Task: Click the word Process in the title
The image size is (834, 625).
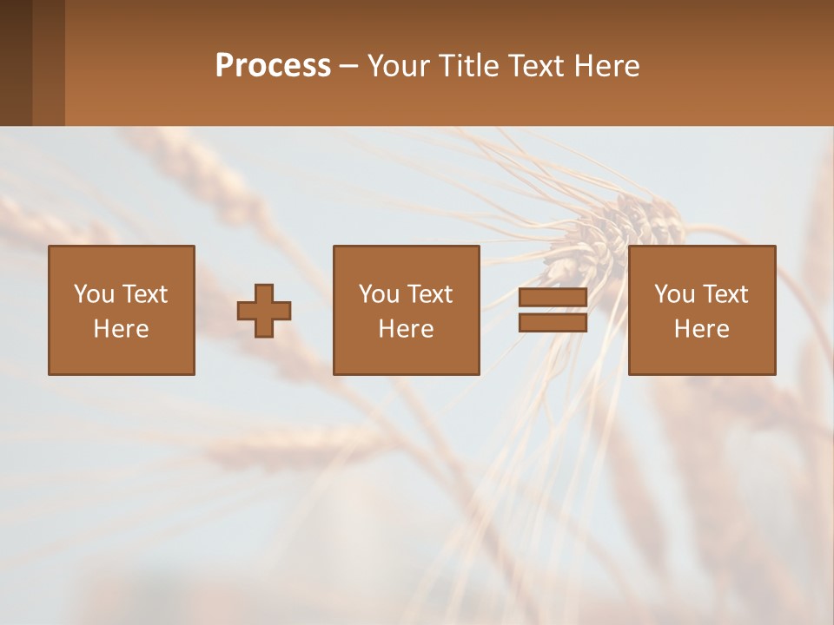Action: [273, 66]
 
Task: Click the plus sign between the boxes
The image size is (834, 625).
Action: [264, 311]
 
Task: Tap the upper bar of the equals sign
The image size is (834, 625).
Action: [553, 298]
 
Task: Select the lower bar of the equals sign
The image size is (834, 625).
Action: [553, 323]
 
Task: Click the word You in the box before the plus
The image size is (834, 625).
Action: [94, 294]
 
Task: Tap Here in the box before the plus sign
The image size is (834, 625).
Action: [121, 329]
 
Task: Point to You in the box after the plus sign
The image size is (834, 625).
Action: [379, 294]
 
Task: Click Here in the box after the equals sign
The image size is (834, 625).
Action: [701, 329]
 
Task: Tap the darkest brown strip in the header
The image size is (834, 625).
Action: [16, 62]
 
